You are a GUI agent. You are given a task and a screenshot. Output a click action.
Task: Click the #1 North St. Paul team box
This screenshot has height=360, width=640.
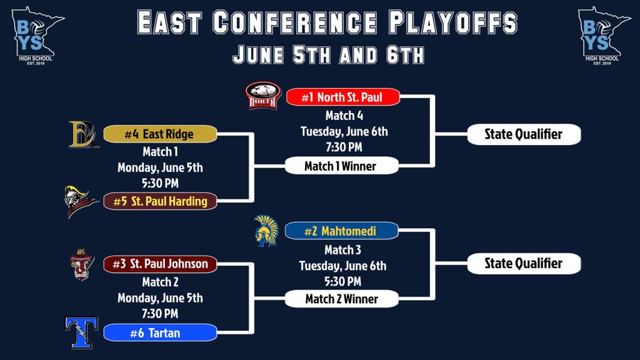[x=343, y=97]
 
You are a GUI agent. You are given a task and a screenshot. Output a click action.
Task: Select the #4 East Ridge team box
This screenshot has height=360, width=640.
[x=160, y=134]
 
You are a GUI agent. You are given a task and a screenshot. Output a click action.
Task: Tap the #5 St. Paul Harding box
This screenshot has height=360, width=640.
[x=160, y=201]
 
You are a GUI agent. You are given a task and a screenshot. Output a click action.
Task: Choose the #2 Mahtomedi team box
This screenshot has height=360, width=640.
[x=341, y=231]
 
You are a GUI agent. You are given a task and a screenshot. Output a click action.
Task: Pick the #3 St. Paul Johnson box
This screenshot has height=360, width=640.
[x=160, y=264]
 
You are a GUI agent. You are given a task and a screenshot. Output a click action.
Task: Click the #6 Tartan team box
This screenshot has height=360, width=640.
[x=160, y=332]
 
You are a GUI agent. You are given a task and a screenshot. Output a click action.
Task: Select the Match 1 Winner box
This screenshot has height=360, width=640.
[x=341, y=166]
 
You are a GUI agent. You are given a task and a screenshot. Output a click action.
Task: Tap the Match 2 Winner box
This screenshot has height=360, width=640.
[x=341, y=299]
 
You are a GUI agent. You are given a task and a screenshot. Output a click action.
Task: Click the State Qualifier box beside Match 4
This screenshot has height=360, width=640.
[x=524, y=134]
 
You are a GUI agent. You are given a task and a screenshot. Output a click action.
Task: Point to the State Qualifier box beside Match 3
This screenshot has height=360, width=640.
[x=524, y=264]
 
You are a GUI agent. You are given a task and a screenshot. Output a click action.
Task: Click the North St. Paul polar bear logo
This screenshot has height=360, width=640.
[x=263, y=96]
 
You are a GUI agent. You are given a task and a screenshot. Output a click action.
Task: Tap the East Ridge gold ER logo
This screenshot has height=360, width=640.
[x=84, y=134]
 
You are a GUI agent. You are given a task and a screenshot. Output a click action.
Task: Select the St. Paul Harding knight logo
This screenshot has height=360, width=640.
[x=81, y=202]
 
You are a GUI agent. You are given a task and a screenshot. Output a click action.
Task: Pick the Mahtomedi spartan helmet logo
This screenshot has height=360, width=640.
[x=266, y=231]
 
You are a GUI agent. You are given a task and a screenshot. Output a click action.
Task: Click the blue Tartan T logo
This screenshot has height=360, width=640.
[x=82, y=332]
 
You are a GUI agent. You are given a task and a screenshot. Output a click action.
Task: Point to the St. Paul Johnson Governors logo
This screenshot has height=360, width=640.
[x=82, y=264]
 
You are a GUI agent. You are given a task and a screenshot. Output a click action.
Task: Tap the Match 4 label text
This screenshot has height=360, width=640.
[x=344, y=116]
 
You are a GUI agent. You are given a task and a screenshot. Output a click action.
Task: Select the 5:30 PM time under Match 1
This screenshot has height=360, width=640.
[x=160, y=183]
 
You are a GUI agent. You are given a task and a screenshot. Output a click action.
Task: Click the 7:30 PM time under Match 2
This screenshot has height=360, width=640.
[x=160, y=314]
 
